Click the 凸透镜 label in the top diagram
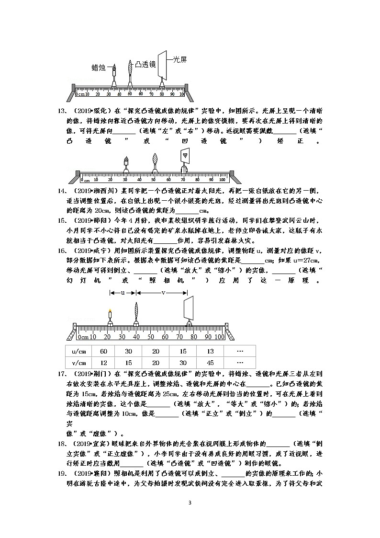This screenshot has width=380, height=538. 145,63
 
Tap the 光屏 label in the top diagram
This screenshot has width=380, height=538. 179,59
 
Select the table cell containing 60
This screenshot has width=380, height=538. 103,351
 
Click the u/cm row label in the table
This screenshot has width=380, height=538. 78,351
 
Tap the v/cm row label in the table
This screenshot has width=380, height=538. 78,363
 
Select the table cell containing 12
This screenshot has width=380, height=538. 103,363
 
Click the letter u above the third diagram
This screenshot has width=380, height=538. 123,292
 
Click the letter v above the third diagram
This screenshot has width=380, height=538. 163,292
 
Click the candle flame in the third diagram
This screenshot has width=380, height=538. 110,310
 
